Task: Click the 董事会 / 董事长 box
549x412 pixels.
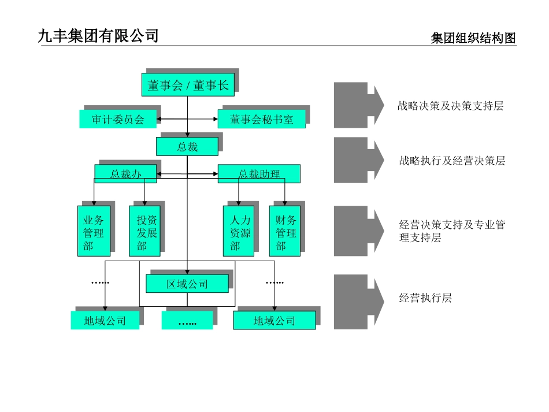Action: click(188, 86)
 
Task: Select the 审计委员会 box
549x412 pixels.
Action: click(118, 119)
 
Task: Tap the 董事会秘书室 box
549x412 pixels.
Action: click(261, 119)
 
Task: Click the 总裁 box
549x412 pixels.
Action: click(187, 146)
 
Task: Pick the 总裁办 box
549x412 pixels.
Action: click(125, 173)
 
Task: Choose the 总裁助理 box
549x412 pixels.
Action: click(259, 174)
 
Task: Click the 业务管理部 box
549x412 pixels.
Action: click(94, 231)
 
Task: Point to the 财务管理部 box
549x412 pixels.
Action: click(285, 231)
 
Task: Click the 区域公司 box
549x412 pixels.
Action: click(187, 284)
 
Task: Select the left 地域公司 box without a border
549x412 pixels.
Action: click(105, 321)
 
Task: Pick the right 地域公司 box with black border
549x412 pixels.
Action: click(274, 321)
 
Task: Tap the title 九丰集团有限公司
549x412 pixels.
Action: click(98, 36)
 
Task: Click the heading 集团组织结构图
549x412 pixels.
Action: click(473, 39)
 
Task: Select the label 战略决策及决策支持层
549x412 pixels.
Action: click(450, 106)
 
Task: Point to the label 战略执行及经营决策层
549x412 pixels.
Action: click(452, 161)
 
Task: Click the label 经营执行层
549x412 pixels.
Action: click(425, 299)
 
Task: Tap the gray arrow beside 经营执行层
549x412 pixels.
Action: click(358, 302)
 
